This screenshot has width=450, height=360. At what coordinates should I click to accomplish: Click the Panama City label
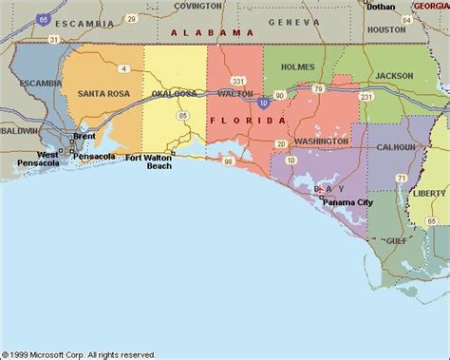click(x=347, y=202)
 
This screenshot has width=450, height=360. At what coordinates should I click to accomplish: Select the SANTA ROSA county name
click(x=90, y=94)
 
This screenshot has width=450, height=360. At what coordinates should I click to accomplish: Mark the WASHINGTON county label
click(x=320, y=142)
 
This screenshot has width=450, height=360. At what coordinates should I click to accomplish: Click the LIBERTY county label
click(x=429, y=193)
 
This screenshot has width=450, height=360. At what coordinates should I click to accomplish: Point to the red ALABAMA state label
click(x=206, y=32)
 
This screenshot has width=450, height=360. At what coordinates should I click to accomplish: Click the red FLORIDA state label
click(x=246, y=121)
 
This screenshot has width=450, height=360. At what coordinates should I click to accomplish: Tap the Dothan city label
click(x=381, y=7)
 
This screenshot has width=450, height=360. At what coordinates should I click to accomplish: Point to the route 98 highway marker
click(x=227, y=161)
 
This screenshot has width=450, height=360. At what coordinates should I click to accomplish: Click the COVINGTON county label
click(x=197, y=6)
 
